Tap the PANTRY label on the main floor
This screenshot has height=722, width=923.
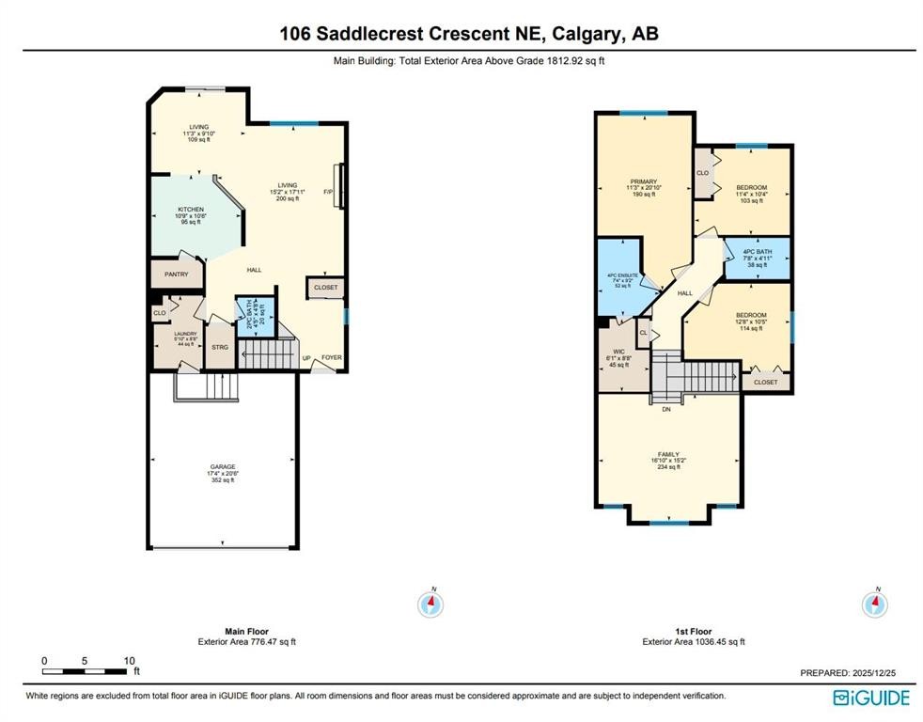177,275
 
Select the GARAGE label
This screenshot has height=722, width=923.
223,466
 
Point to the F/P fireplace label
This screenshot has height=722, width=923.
328,192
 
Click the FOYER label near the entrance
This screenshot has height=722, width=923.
333,358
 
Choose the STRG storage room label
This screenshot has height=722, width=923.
219,347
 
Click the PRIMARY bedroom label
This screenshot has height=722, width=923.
644,181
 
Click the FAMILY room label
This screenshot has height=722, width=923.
668,453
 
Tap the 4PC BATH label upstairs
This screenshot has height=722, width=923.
757,252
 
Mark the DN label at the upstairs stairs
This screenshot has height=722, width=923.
666,409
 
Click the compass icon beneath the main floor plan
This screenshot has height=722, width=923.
432,603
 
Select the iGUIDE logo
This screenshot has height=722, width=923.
871,698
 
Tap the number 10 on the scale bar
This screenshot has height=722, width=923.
129,661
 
